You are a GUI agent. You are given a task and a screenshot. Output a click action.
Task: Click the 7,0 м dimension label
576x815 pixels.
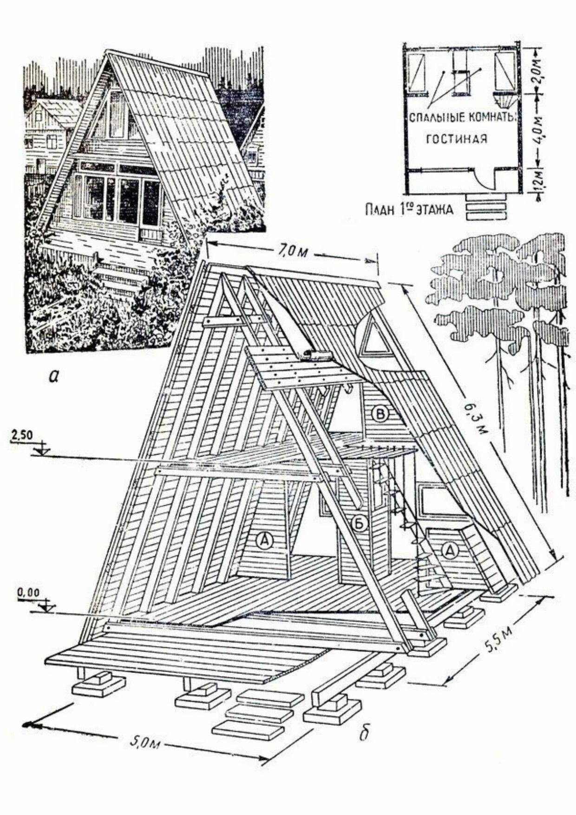[x=292, y=252]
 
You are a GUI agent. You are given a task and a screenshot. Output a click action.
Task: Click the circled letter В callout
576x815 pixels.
[x=380, y=415]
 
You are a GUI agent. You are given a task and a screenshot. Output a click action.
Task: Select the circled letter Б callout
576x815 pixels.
[x=360, y=523]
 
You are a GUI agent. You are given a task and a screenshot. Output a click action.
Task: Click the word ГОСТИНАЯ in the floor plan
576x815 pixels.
[x=456, y=138]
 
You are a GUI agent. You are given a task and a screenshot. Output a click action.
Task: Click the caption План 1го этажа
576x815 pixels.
[x=409, y=209]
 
